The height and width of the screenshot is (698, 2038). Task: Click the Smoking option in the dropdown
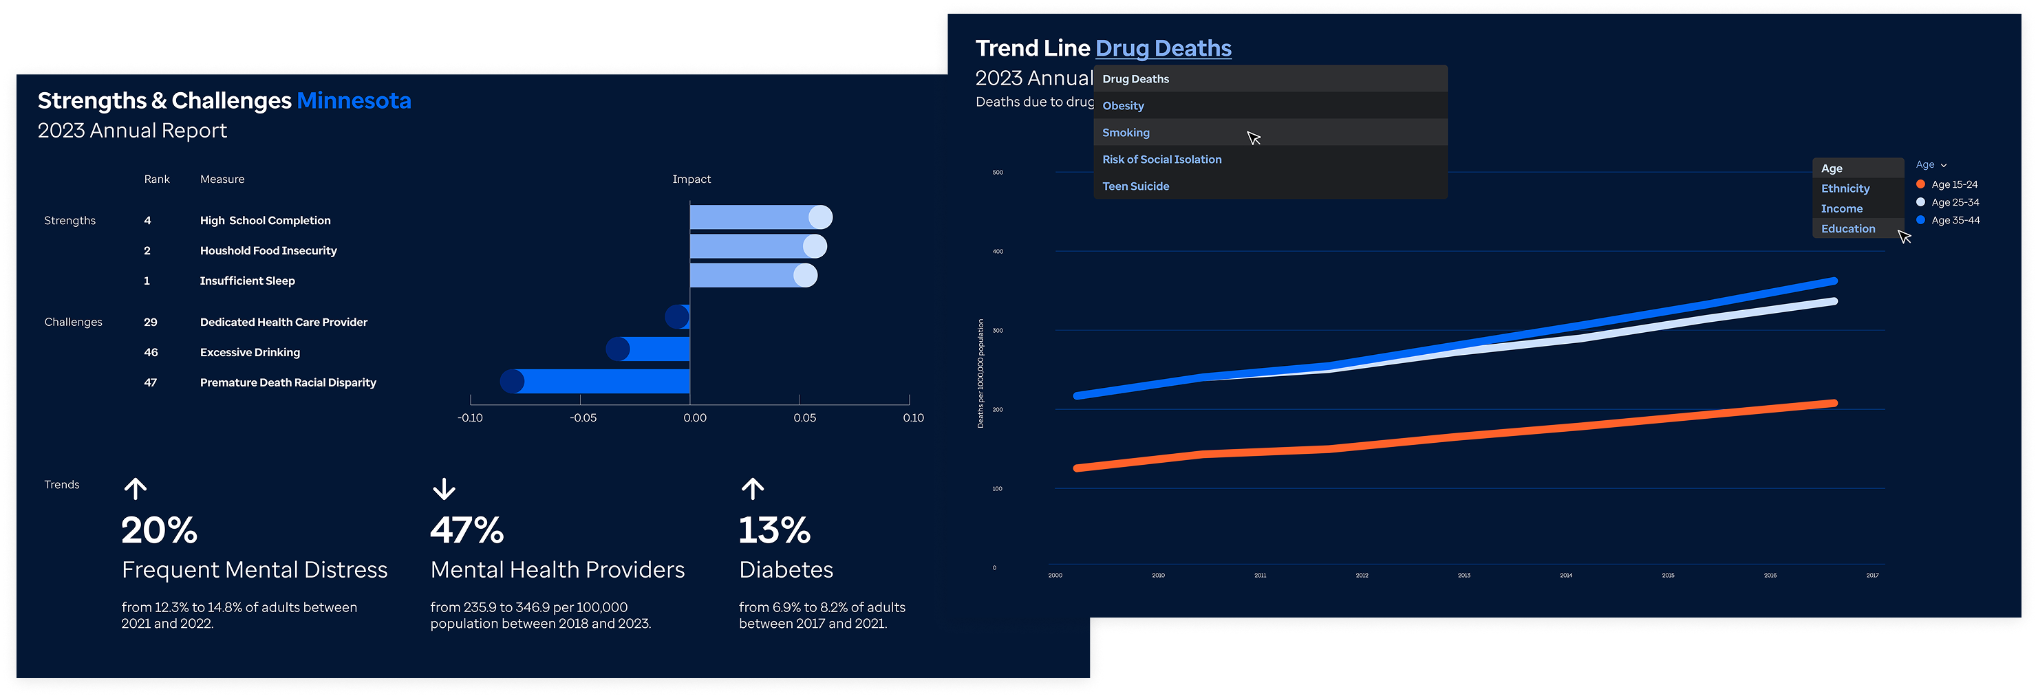[x=1126, y=133]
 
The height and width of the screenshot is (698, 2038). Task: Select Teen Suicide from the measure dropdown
[x=1135, y=186]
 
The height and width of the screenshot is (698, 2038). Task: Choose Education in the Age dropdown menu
[x=1847, y=229]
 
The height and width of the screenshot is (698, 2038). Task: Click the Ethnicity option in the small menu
[x=1845, y=189]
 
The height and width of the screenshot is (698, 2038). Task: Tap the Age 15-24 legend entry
[x=1953, y=184]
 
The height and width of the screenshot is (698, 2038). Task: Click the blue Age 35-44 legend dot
[x=1920, y=220]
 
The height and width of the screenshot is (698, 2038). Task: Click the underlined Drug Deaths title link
[x=1163, y=48]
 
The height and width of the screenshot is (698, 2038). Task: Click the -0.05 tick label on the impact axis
[x=583, y=418]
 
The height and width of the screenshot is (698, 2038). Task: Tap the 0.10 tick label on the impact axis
[x=913, y=418]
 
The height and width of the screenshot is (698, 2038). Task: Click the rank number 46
[x=150, y=353]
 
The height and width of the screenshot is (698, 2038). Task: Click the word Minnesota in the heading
[x=354, y=101]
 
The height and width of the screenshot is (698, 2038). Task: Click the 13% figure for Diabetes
[x=775, y=530]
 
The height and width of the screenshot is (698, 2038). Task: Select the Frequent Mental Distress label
[x=254, y=570]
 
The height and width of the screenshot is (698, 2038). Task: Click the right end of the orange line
[x=1833, y=403]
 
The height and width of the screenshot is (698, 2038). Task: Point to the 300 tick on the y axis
[x=998, y=330]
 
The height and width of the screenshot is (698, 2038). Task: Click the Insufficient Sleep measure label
[x=247, y=281]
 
